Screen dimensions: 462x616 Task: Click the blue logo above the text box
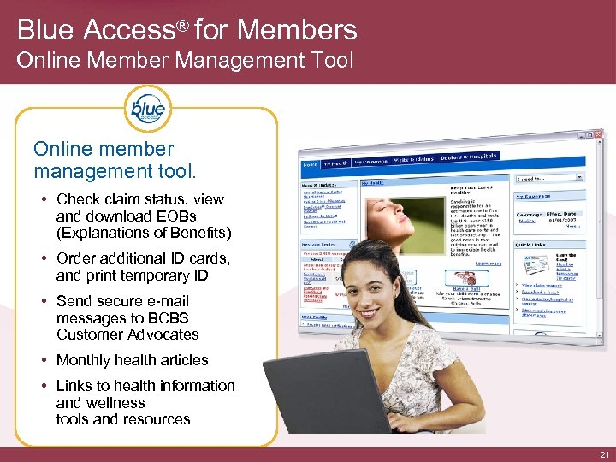(147, 110)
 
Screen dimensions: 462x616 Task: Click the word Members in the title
(297, 30)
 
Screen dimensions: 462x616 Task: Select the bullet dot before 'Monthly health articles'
(44, 360)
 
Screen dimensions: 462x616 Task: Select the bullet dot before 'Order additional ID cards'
(44, 258)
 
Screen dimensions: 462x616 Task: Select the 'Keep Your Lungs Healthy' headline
(473, 189)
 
